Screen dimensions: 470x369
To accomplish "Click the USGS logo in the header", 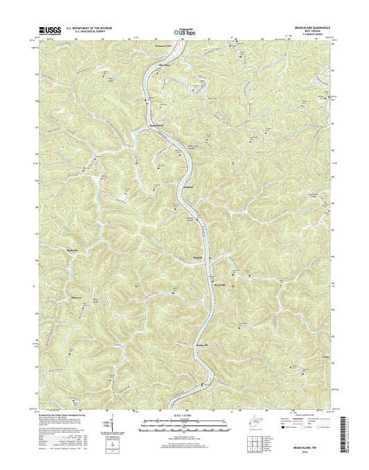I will [50, 30].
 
